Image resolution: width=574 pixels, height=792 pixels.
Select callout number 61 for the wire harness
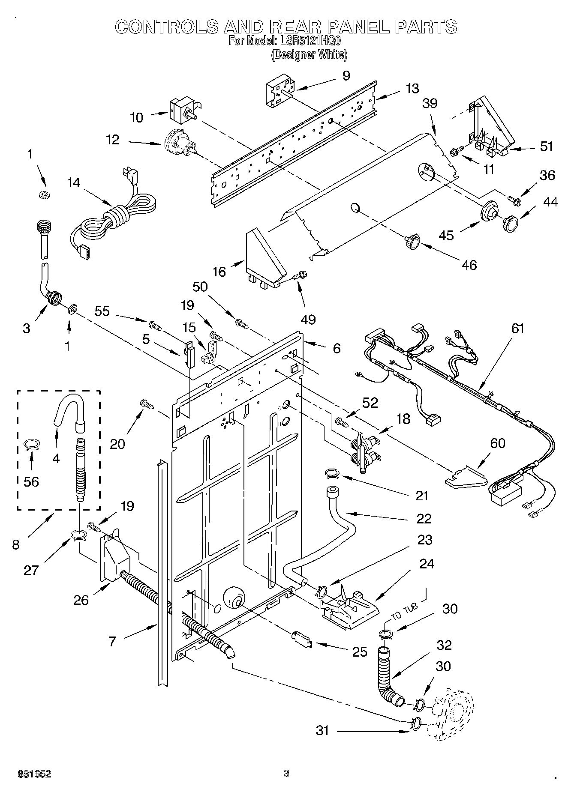coord(517,329)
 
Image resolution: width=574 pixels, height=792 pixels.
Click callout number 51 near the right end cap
coord(546,146)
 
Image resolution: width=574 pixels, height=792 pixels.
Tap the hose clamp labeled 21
coord(332,473)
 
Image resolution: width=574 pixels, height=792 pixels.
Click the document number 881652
coord(34,774)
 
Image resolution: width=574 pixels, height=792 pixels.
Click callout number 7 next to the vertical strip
coord(112,642)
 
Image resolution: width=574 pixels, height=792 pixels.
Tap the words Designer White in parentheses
coord(309,54)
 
